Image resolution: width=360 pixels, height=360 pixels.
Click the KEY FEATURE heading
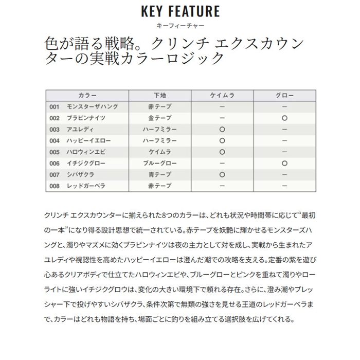click(179, 11)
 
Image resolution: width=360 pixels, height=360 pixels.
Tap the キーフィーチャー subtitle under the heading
click(179, 25)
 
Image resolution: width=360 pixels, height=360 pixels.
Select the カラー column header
click(87, 96)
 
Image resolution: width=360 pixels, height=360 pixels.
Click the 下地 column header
click(159, 96)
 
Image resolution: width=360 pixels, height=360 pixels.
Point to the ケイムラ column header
click(222, 96)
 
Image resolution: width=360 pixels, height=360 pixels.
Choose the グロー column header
click(284, 96)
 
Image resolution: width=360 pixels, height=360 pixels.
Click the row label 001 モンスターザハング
click(84, 106)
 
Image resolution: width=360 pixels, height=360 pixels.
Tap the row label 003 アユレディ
click(72, 129)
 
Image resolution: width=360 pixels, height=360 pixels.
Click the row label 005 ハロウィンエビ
click(78, 152)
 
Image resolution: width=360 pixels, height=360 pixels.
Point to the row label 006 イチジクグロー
click(78, 164)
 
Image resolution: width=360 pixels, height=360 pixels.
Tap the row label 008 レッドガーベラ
click(78, 186)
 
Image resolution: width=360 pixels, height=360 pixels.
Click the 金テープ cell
click(159, 118)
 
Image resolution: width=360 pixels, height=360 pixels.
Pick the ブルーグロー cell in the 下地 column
click(159, 164)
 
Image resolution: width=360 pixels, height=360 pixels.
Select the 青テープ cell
click(159, 175)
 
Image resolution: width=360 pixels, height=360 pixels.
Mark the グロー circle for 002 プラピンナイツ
click(284, 118)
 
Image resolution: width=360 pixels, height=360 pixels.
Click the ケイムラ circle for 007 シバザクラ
click(222, 175)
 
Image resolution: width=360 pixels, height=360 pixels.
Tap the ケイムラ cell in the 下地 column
click(159, 152)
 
